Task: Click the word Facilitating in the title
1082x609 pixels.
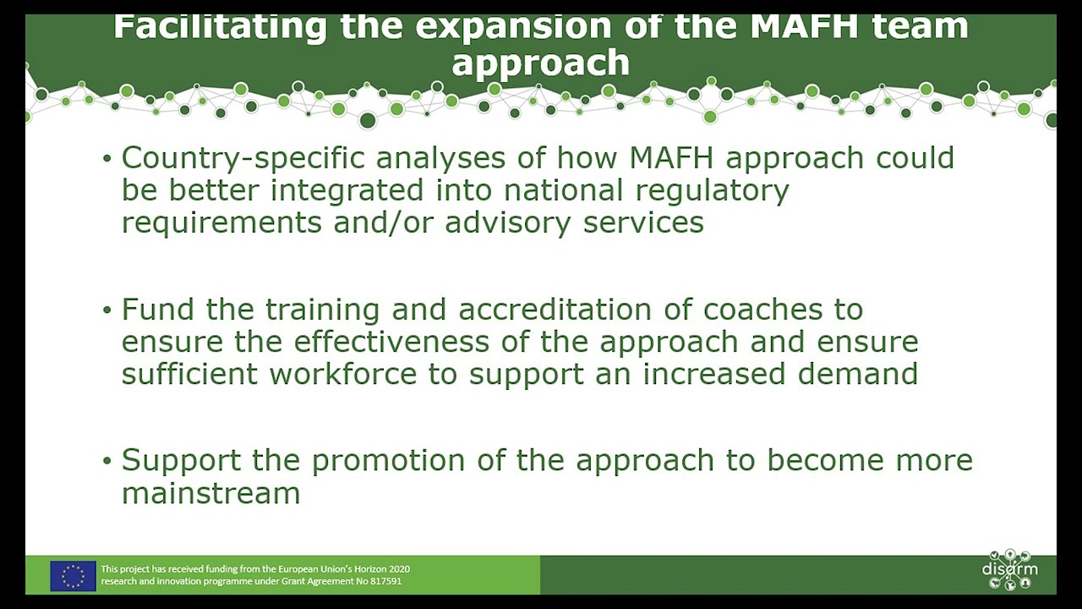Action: coord(220,27)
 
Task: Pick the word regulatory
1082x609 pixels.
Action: coord(712,191)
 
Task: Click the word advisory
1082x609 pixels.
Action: coord(508,223)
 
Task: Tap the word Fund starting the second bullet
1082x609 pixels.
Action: coord(158,309)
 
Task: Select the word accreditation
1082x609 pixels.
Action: coord(555,310)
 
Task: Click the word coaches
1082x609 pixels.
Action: coord(762,310)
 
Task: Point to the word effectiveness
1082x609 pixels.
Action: coord(391,342)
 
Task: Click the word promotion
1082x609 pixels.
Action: coord(388,461)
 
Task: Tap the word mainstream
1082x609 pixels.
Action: coord(211,493)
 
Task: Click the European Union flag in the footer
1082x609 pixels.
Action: coord(73,576)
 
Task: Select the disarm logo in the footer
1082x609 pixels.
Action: coord(1009,570)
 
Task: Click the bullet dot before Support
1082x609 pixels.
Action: coord(107,461)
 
